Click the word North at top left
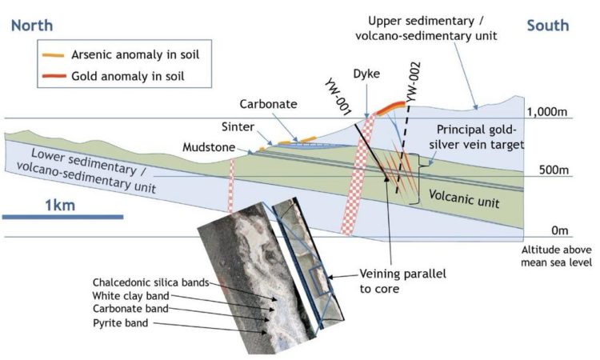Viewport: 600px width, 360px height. pyautogui.click(x=32, y=26)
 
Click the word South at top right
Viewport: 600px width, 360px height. pyautogui.click(x=548, y=26)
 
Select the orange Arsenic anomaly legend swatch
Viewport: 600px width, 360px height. pyautogui.click(x=53, y=55)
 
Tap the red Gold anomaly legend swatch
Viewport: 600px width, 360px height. pyautogui.click(x=54, y=76)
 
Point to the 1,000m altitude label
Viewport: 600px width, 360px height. pyautogui.click(x=547, y=112)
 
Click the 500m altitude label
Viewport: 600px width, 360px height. pyautogui.click(x=554, y=170)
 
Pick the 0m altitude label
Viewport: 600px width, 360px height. pyautogui.click(x=559, y=230)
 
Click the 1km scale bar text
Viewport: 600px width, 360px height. pyautogui.click(x=60, y=206)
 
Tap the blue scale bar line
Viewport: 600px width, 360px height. pyautogui.click(x=62, y=217)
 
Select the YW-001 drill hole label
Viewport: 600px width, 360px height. pyautogui.click(x=338, y=97)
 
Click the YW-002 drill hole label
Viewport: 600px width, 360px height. pyautogui.click(x=414, y=82)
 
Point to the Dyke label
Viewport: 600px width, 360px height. pyautogui.click(x=366, y=74)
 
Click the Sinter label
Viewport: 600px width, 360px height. pyautogui.click(x=238, y=126)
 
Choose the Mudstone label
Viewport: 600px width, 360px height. pyautogui.click(x=209, y=147)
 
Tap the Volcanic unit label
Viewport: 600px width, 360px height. pyautogui.click(x=464, y=198)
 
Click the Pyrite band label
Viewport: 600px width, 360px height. pyautogui.click(x=121, y=323)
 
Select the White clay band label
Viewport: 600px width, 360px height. pyautogui.click(x=130, y=296)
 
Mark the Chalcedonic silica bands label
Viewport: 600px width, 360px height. pyautogui.click(x=150, y=282)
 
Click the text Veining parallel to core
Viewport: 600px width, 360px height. pyautogui.click(x=403, y=281)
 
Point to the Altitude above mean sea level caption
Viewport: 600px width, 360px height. pyautogui.click(x=556, y=256)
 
